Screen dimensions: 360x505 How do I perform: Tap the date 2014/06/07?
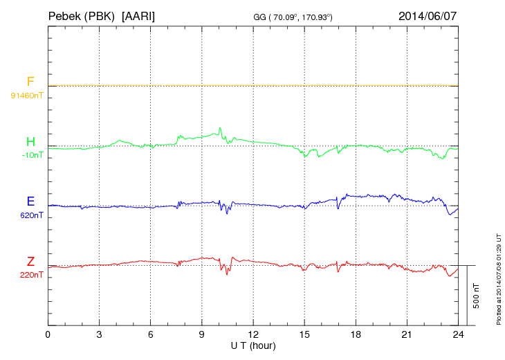coord(428,15)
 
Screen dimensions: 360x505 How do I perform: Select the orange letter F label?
coord(30,82)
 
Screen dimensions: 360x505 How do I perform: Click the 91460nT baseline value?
coord(27,95)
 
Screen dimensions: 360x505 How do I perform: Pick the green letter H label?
coord(30,142)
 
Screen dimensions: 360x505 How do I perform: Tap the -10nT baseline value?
coord(32,155)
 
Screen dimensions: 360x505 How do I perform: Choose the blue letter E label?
coord(30,201)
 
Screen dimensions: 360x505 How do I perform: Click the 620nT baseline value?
coord(32,215)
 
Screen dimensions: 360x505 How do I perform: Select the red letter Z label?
coord(30,262)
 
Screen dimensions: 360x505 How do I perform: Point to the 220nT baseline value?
coord(32,275)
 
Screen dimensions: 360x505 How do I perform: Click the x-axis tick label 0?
coord(48,334)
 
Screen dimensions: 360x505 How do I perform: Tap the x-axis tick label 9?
coord(202,334)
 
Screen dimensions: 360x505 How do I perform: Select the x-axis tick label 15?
coord(304,334)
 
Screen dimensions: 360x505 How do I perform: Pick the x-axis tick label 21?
coord(407,334)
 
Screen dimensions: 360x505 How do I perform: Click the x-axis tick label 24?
coord(459,334)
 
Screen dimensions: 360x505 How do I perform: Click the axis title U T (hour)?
coord(253,345)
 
